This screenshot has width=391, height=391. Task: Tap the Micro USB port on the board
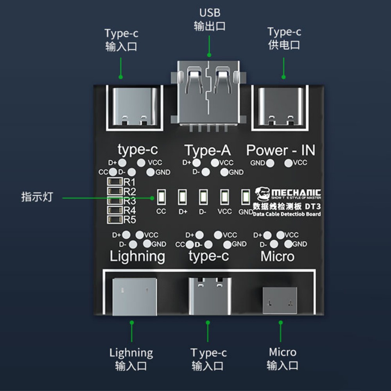pos(280,300)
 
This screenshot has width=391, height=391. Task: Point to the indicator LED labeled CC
pos(161,197)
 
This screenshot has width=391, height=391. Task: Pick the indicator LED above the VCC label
pos(224,197)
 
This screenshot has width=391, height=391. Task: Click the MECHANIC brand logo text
pos(296,193)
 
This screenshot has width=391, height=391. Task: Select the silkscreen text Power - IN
pos(280,150)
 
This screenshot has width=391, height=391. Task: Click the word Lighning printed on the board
pos(137,256)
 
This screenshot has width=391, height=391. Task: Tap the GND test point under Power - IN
pos(269,163)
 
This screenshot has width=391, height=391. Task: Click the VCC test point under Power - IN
pos(289,163)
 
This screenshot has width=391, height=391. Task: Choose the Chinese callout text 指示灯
pos(37,197)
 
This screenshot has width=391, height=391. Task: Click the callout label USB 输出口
pos(210,20)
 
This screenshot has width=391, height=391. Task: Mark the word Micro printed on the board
pos(277,256)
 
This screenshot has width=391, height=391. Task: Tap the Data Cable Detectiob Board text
pos(287,214)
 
